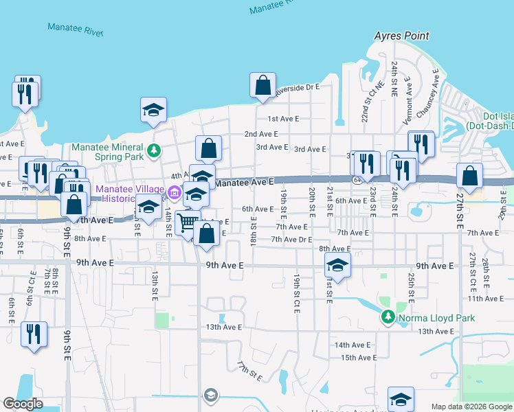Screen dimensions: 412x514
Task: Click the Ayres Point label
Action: coord(402,36)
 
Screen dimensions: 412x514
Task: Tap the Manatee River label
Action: coord(75,29)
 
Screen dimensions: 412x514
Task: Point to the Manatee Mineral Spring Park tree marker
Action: coord(155,150)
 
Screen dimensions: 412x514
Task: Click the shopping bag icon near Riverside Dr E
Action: coord(262,86)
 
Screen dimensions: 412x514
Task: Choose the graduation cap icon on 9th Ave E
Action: coord(337,264)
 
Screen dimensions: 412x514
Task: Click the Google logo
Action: coord(23,404)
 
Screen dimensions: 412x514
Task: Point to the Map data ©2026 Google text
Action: coord(471,407)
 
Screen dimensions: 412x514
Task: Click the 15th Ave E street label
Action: coord(357,358)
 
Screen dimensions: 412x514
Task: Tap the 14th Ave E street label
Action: coord(353,345)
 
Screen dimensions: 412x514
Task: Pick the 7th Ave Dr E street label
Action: coord(291,239)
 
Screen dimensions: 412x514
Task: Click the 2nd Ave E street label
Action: coord(261,134)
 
